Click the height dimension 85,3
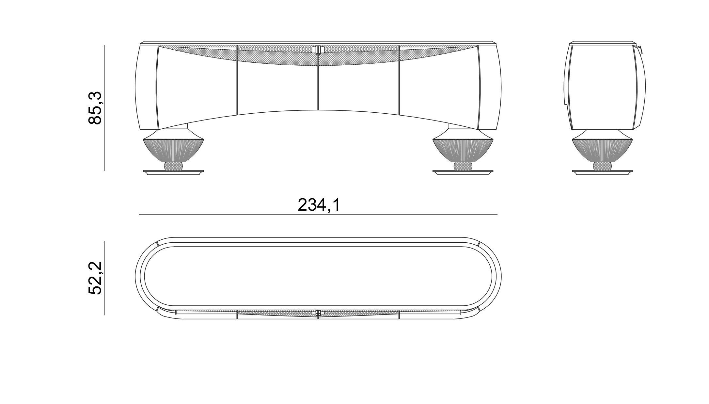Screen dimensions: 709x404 (95, 108)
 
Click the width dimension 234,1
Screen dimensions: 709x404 (319, 205)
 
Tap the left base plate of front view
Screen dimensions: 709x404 (173, 172)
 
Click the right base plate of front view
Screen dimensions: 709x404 (463, 172)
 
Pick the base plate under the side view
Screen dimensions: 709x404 (602, 172)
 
